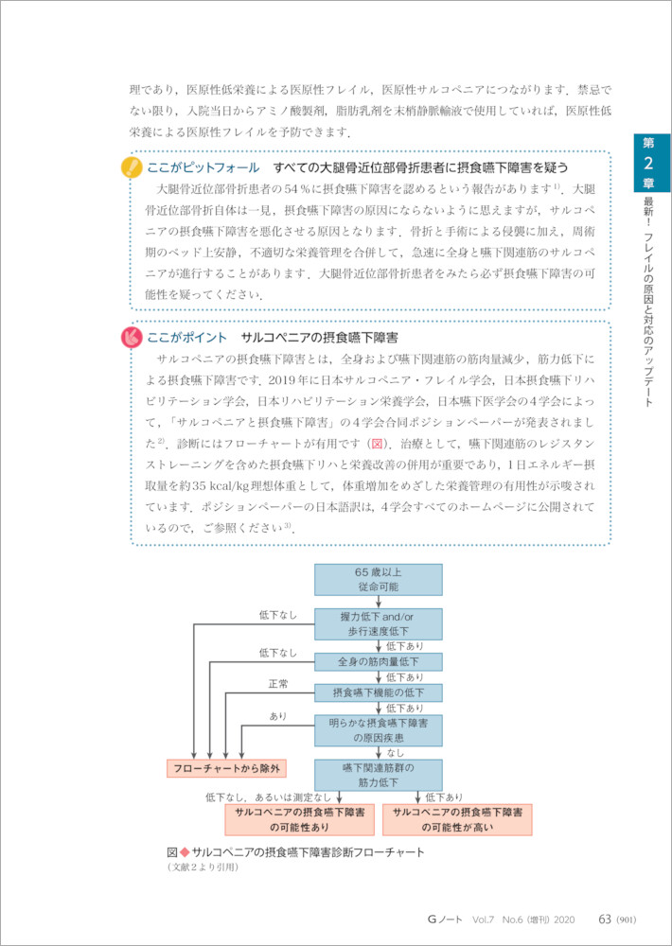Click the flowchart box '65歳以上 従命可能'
(x=379, y=580)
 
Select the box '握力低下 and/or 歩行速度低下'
(x=379, y=623)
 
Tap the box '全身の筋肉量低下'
(x=379, y=660)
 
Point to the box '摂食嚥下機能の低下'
(x=379, y=692)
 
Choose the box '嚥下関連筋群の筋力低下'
(x=379, y=775)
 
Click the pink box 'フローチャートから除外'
(x=226, y=768)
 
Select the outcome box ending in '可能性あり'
(x=299, y=819)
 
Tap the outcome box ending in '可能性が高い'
(x=457, y=819)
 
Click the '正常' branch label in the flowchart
(x=277, y=684)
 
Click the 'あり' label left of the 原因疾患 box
(x=277, y=716)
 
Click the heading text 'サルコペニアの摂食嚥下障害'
(x=320, y=338)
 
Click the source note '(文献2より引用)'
(x=202, y=867)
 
